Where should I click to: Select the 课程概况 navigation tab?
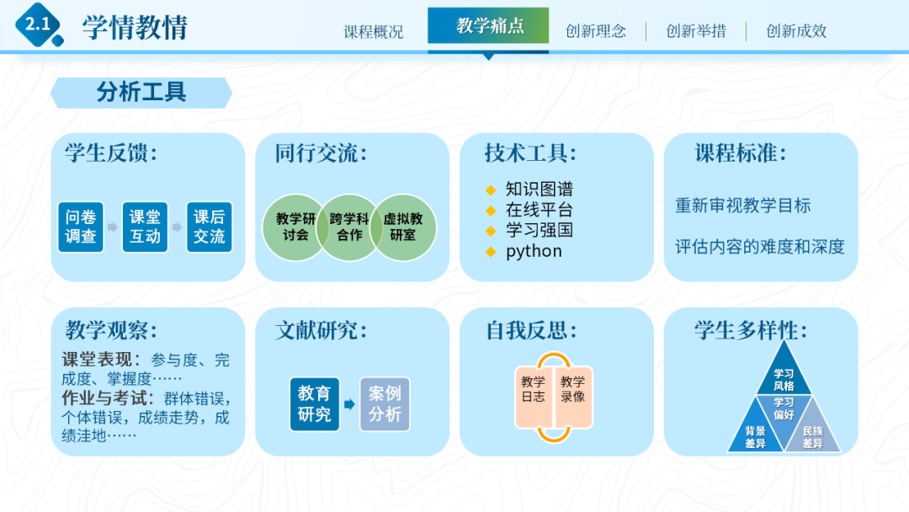(373, 31)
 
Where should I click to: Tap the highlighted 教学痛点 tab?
(489, 26)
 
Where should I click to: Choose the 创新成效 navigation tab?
(795, 31)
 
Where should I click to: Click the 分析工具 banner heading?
(141, 93)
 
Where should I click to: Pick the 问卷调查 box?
(81, 227)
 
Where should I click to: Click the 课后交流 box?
(209, 227)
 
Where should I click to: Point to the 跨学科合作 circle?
(349, 227)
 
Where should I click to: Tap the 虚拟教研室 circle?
(403, 227)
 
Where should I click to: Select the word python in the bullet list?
(534, 251)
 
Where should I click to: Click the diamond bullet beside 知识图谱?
(492, 189)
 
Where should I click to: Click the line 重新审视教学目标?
(742, 205)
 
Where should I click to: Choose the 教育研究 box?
(315, 404)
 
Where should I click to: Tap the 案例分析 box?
(385, 404)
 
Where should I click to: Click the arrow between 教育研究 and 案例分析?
(349, 405)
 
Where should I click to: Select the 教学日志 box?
(533, 389)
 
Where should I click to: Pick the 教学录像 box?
(573, 389)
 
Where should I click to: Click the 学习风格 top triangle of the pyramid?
(784, 377)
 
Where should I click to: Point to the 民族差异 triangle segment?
(812, 435)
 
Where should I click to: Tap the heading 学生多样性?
(750, 330)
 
